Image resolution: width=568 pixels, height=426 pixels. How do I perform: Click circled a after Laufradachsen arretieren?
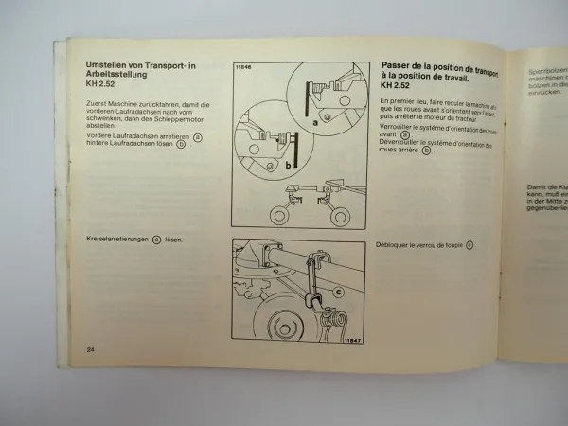coord(198,137)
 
